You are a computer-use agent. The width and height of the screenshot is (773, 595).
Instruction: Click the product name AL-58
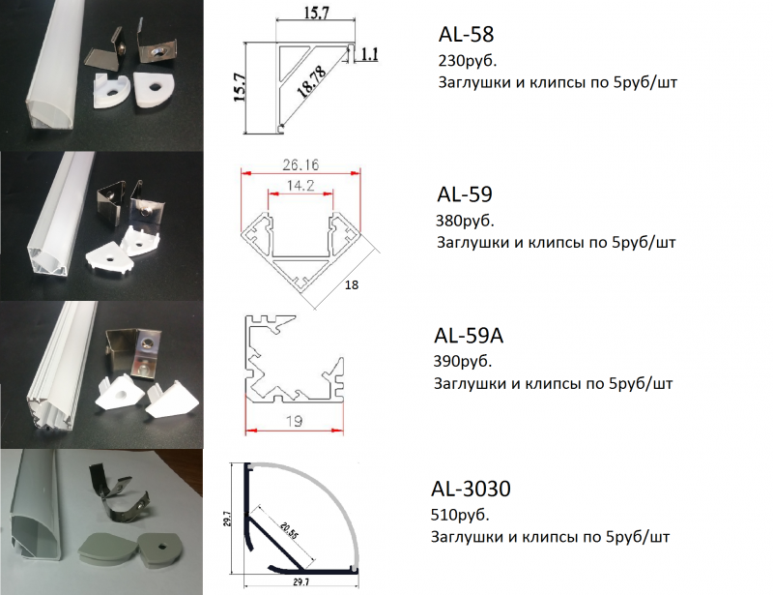tap(466, 34)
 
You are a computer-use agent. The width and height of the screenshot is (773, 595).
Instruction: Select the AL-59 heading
tap(465, 194)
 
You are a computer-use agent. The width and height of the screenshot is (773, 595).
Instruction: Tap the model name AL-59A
tap(469, 336)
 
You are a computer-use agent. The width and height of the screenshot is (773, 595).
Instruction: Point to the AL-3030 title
tap(471, 489)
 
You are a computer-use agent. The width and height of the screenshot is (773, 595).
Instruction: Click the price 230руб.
tap(468, 61)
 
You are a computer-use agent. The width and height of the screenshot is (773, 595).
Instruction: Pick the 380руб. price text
tap(465, 221)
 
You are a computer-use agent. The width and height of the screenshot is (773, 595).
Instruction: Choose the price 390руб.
tap(463, 362)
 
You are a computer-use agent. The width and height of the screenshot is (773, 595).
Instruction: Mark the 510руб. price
tap(460, 515)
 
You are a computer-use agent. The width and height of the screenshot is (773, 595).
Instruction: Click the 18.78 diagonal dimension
tap(311, 81)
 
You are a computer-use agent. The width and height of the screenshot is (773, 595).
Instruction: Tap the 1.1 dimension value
tap(369, 54)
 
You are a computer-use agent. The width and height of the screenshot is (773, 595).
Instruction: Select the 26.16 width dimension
tap(301, 164)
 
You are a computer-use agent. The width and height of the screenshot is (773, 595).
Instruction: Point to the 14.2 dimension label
tap(301, 186)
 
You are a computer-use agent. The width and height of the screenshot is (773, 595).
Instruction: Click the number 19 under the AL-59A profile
tap(294, 421)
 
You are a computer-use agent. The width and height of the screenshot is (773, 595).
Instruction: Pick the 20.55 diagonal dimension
tap(289, 531)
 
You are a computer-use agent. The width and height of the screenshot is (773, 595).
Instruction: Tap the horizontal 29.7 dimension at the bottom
tap(301, 582)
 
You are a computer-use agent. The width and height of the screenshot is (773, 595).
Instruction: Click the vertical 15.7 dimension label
tap(239, 87)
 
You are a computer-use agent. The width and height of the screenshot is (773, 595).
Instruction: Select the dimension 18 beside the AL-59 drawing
tap(352, 284)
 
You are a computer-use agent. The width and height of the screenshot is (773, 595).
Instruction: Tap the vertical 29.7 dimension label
tap(227, 519)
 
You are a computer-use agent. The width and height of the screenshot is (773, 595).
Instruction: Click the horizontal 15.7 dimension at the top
tap(316, 13)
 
